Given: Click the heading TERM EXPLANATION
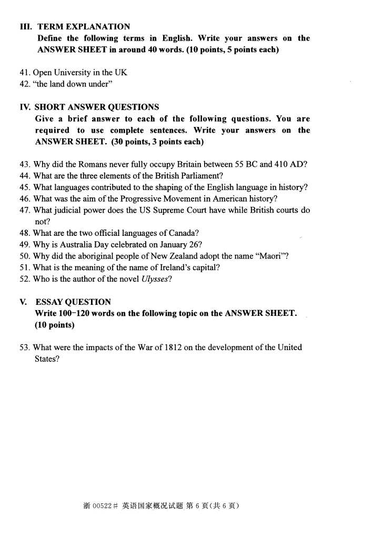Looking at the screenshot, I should pyautogui.click(x=84, y=26).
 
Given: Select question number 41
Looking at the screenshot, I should pyautogui.click(x=25, y=73).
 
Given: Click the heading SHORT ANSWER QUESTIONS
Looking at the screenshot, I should pyautogui.click(x=97, y=107).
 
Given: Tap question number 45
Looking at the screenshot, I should pyautogui.click(x=25, y=187).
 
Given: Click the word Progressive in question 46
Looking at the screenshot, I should pyautogui.click(x=141, y=198).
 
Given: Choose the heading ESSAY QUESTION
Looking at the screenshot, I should pyautogui.click(x=73, y=302).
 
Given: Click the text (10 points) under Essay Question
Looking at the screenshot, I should pyautogui.click(x=55, y=325).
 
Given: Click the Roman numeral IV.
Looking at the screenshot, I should pyautogui.click(x=25, y=107).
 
